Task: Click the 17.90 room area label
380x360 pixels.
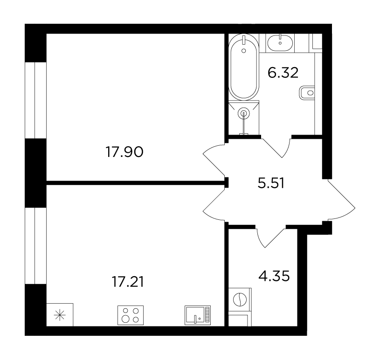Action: [124, 152]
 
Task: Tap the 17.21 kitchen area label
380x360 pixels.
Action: [128, 282]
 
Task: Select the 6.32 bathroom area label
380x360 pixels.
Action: [283, 73]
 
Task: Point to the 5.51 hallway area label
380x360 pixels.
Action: [271, 183]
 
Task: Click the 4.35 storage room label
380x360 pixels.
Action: [274, 276]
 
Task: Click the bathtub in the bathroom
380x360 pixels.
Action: [244, 67]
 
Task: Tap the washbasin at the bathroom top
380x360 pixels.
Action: [280, 43]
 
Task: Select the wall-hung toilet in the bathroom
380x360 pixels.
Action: [307, 93]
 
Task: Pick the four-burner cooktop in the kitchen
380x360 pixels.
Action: [131, 315]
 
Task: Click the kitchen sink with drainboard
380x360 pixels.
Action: [198, 315]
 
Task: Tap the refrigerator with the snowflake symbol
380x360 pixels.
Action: [60, 315]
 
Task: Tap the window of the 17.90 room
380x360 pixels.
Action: [35, 101]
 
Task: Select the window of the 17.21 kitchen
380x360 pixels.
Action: [35, 246]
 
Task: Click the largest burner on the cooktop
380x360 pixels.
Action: [125, 319]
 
